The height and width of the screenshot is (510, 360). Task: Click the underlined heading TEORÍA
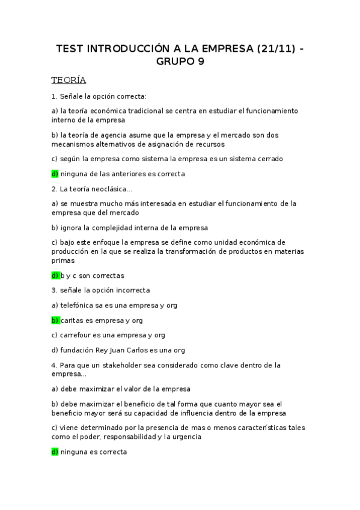pyautogui.click(x=69, y=80)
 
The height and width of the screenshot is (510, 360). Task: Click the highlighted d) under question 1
pyautogui.click(x=55, y=174)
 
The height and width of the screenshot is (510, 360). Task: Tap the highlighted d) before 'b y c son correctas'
pyautogui.click(x=55, y=275)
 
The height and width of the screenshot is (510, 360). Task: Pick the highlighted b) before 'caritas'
pyautogui.click(x=55, y=321)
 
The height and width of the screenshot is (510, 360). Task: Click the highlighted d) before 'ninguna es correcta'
pyautogui.click(x=55, y=452)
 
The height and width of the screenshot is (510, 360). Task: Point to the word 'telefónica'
pyautogui.click(x=78, y=306)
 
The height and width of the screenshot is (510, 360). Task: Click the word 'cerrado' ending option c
pyautogui.click(x=269, y=159)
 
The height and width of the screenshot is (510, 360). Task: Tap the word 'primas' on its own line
pyautogui.click(x=63, y=261)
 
